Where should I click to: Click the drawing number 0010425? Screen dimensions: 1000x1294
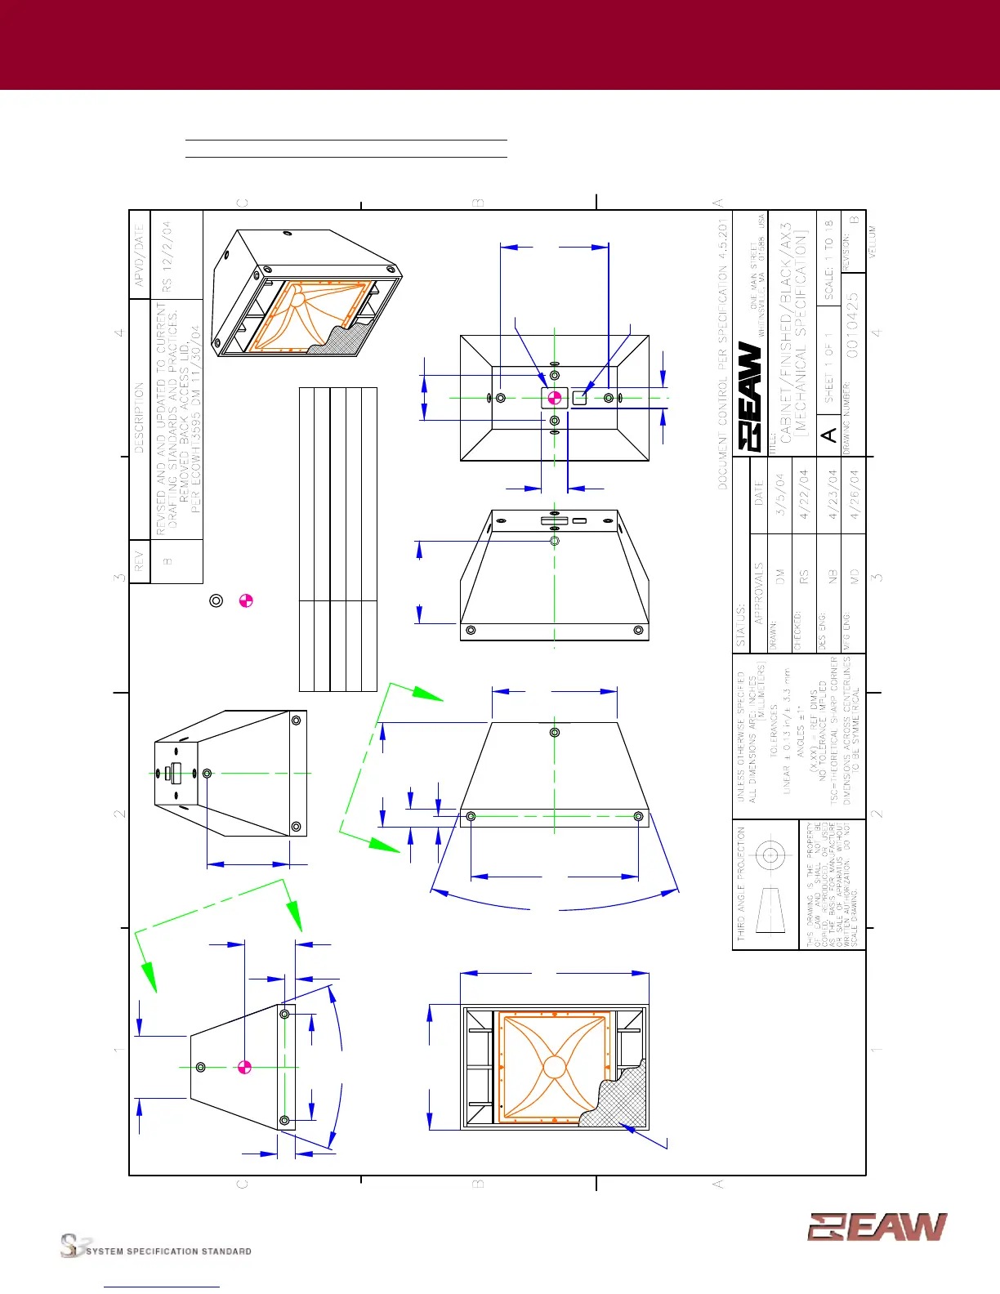point(852,324)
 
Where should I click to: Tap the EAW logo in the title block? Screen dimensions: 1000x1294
point(751,396)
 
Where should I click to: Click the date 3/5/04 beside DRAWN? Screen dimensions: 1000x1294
point(780,494)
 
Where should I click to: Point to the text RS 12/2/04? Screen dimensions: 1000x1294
point(167,257)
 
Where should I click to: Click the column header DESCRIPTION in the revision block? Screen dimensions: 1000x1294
point(140,417)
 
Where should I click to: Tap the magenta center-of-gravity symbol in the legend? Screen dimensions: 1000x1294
point(246,600)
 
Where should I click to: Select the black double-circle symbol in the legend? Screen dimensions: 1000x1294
point(217,600)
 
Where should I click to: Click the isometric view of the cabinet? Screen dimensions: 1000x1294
point(305,294)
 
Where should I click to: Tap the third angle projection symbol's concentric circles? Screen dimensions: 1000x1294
point(770,856)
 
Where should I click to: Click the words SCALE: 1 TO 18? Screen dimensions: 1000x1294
point(828,259)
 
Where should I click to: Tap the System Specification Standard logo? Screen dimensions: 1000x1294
point(155,1247)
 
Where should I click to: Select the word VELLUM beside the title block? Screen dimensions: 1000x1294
point(873,242)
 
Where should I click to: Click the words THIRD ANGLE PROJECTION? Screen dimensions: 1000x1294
point(742,883)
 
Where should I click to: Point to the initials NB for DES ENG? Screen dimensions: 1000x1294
point(833,575)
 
